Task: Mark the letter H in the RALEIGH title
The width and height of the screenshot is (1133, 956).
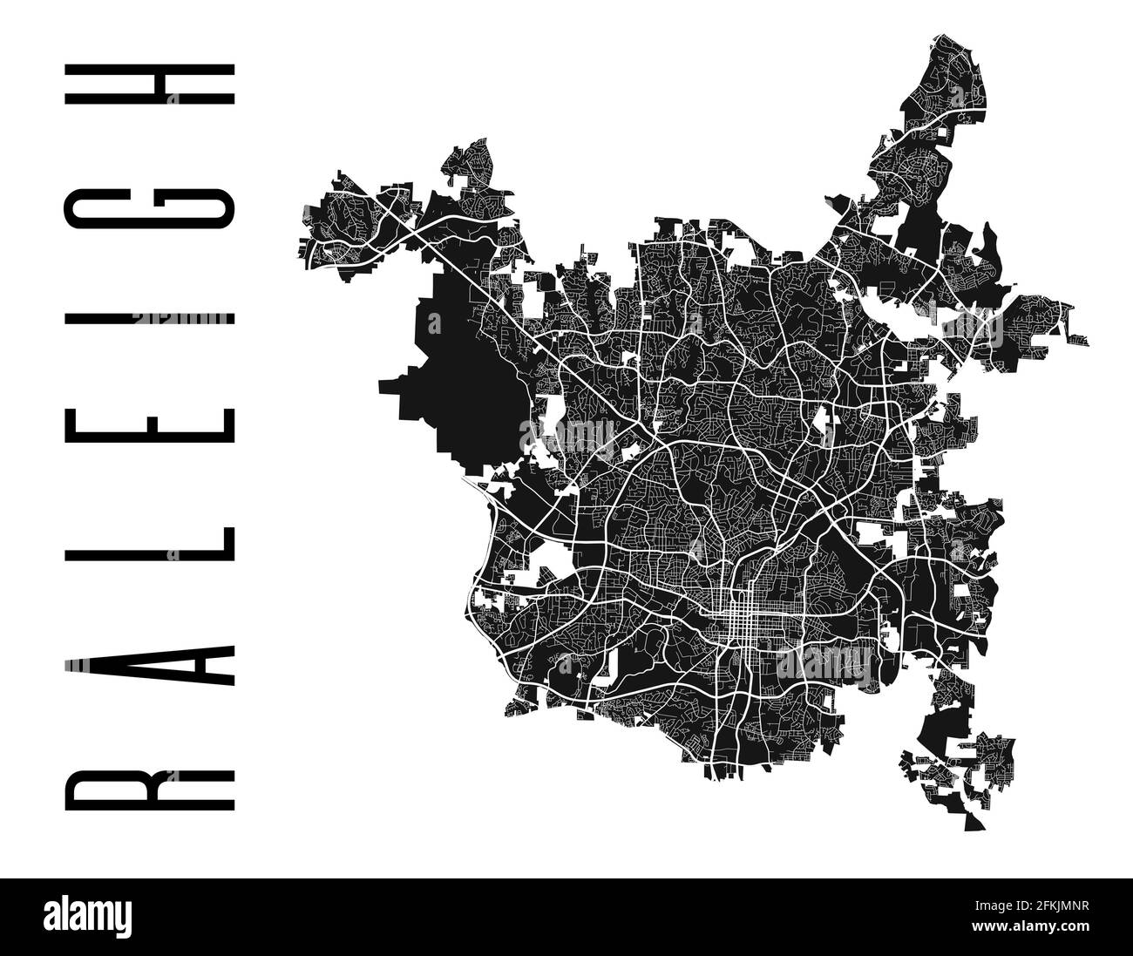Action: (x=149, y=95)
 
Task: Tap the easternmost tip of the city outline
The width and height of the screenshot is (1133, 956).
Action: (x=1089, y=336)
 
